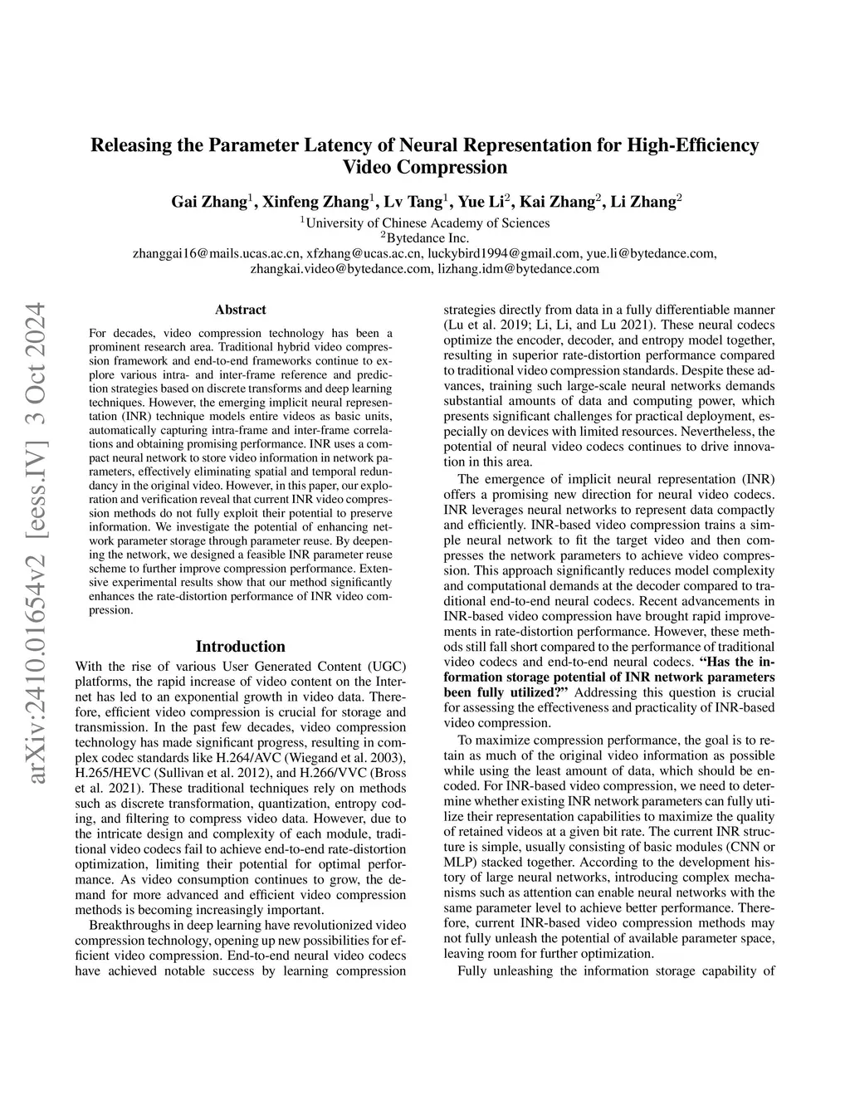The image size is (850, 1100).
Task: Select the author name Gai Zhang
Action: (x=208, y=201)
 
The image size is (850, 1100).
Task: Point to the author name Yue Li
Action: (x=482, y=201)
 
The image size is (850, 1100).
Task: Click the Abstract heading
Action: (x=240, y=310)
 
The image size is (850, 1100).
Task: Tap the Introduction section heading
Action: (x=240, y=646)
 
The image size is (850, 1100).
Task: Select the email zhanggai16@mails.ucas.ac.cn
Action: (x=217, y=253)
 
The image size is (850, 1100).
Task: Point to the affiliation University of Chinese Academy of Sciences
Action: (x=424, y=222)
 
